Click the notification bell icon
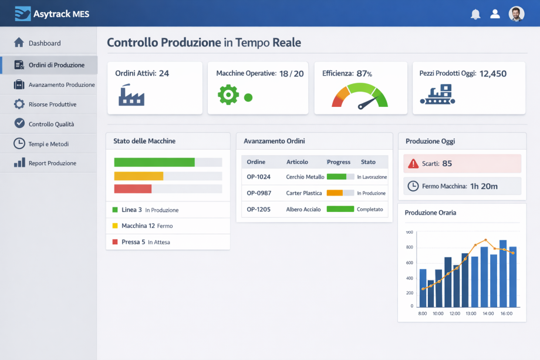(x=475, y=14)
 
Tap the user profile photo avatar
(x=517, y=14)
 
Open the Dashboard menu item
(x=45, y=43)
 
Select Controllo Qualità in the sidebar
(x=51, y=124)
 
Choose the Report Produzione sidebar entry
(x=52, y=163)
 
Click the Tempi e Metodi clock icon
(x=19, y=144)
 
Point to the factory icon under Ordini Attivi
(x=131, y=95)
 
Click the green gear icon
(x=228, y=95)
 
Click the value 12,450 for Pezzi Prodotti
(x=493, y=73)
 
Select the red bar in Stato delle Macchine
(x=133, y=189)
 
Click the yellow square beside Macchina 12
(x=115, y=226)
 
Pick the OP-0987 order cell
(x=259, y=193)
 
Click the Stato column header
(x=368, y=162)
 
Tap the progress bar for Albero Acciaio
(x=340, y=209)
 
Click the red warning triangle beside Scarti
(x=413, y=164)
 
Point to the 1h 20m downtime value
(x=484, y=186)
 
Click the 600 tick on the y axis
(x=410, y=263)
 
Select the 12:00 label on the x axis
(x=454, y=314)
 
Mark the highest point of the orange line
(x=485, y=240)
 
